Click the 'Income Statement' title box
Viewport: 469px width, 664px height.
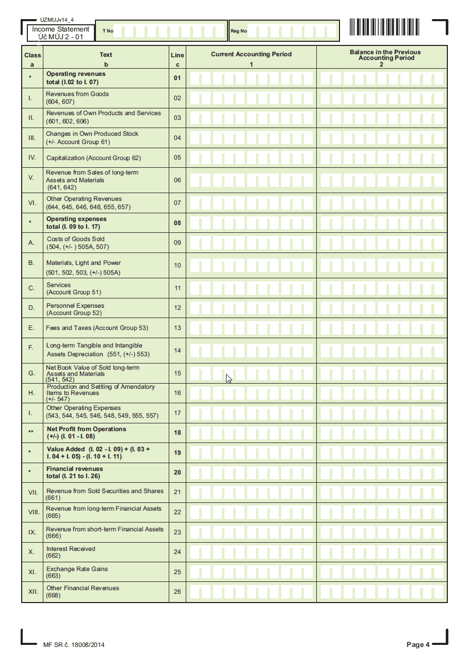click(61, 33)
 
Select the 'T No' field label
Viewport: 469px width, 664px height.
click(107, 31)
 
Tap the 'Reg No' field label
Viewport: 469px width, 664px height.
click(238, 31)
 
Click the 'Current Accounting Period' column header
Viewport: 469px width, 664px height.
click(251, 54)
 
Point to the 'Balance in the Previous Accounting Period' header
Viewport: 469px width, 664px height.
click(385, 55)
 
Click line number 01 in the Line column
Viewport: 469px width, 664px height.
click(177, 78)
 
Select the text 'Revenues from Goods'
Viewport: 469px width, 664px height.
click(77, 94)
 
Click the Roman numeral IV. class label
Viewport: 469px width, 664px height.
click(32, 157)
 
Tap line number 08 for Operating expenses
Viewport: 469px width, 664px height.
click(177, 223)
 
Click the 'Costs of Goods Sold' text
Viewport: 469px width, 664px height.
click(75, 239)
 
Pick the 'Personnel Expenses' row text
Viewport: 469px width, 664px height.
click(75, 306)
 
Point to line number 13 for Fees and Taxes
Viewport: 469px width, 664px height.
click(177, 328)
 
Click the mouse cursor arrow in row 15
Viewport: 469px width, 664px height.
click(229, 378)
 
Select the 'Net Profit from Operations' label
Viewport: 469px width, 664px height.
click(86, 429)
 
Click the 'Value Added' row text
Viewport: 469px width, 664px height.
click(66, 449)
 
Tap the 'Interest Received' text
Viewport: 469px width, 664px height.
click(71, 549)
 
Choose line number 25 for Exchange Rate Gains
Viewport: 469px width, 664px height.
click(177, 572)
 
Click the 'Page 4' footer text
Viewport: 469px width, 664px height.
click(418, 644)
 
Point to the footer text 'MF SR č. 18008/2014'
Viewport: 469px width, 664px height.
click(74, 645)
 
